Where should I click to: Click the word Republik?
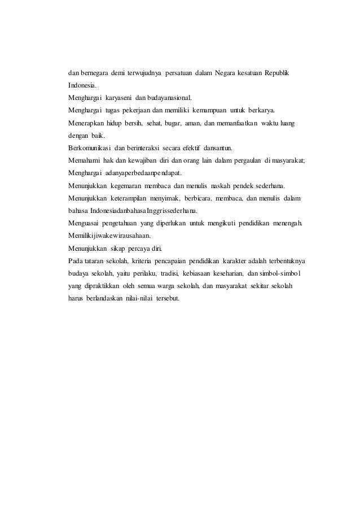[275, 74]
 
